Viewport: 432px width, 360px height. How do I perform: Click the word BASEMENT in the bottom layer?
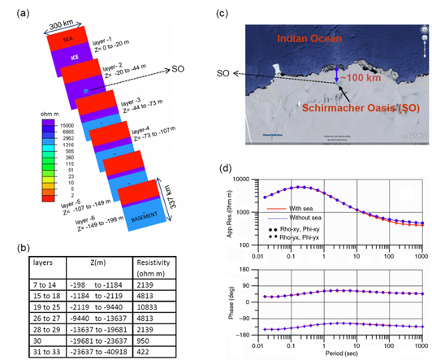pos(147,219)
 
